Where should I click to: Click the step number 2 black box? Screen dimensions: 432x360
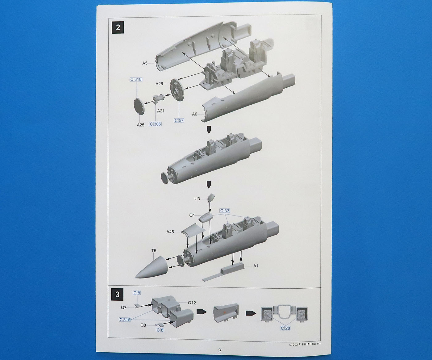(118, 27)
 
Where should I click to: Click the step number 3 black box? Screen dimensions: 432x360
(117, 294)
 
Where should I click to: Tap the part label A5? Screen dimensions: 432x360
(145, 63)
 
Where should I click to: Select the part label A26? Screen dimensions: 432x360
(159, 84)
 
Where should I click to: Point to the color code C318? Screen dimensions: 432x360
(136, 79)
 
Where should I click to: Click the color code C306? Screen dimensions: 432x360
(155, 124)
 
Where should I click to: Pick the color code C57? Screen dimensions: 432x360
(179, 120)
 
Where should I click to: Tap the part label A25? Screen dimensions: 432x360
(140, 125)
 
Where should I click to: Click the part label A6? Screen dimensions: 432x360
(194, 114)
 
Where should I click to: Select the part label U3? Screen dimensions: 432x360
(197, 199)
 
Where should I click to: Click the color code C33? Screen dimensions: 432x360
(225, 211)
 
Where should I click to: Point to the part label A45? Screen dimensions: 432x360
(170, 232)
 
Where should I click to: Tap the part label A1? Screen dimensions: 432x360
(256, 266)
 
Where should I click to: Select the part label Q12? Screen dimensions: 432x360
(192, 303)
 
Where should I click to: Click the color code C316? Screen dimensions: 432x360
(125, 320)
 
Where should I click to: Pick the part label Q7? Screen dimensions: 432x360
(124, 307)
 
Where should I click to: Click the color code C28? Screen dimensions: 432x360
(285, 328)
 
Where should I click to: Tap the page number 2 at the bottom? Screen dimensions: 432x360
(220, 350)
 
